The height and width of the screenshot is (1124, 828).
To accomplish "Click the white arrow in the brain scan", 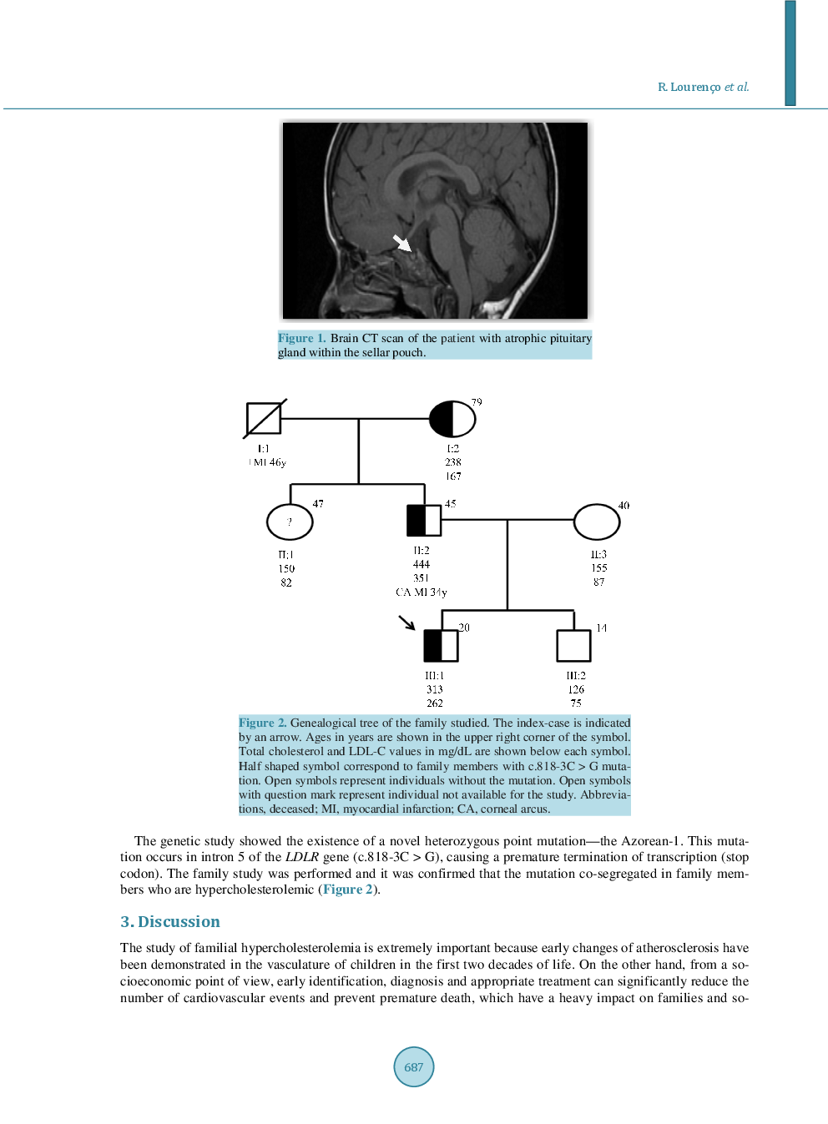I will pyautogui.click(x=402, y=243).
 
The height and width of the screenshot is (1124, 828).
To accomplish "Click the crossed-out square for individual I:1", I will pyautogui.click(x=264, y=419).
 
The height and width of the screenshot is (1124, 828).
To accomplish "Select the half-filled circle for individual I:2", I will pyautogui.click(x=452, y=419).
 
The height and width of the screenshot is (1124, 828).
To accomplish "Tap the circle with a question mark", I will pyautogui.click(x=290, y=522).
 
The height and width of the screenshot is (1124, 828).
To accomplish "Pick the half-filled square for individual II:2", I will pyautogui.click(x=424, y=521).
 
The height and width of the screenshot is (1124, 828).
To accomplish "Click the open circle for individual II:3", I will pyautogui.click(x=597, y=522).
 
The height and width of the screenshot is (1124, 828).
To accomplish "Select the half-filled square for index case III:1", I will pyautogui.click(x=441, y=646).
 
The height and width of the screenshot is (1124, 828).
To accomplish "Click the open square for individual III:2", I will pyautogui.click(x=574, y=646).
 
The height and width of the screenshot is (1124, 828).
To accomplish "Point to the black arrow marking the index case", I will pyautogui.click(x=406, y=622).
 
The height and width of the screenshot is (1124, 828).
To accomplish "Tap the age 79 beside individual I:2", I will pyautogui.click(x=477, y=402).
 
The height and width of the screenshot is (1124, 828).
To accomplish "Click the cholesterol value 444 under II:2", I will pyautogui.click(x=422, y=565).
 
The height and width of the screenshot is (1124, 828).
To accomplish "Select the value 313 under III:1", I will pyautogui.click(x=435, y=689).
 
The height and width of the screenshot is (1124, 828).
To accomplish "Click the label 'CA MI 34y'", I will pyautogui.click(x=422, y=592).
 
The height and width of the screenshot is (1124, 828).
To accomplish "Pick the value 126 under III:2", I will pyautogui.click(x=576, y=689).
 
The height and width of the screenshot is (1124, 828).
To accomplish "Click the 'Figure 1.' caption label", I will pyautogui.click(x=301, y=338).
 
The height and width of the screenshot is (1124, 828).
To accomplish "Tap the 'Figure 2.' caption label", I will pyautogui.click(x=262, y=723).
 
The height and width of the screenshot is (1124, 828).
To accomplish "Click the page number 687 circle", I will pyautogui.click(x=414, y=1066).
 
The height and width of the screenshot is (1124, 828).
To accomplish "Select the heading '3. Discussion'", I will pyautogui.click(x=170, y=922).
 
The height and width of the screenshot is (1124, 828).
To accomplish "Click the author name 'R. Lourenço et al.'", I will pyautogui.click(x=703, y=87).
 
